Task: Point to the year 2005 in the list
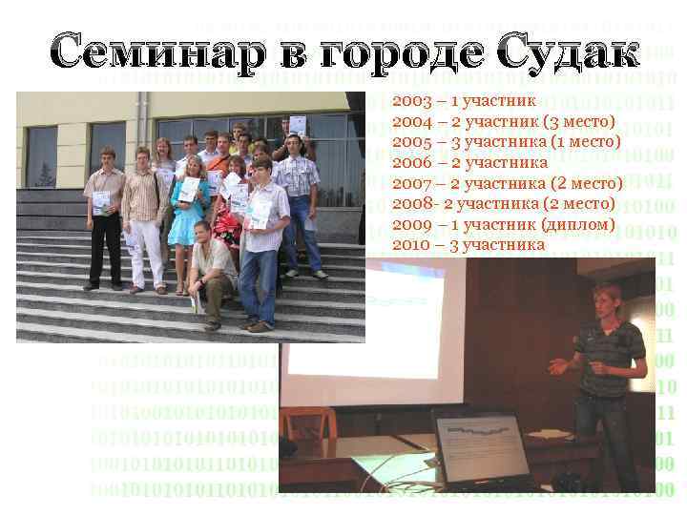411,141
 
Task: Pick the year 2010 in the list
411,245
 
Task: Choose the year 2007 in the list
411,183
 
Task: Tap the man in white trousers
144,219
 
